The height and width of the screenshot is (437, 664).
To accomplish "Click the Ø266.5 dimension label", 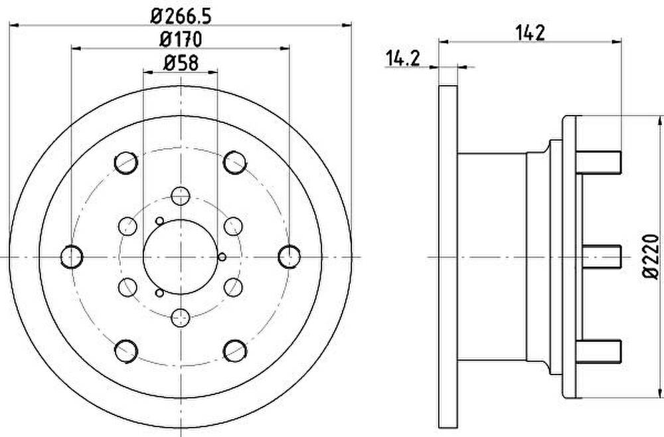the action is click(x=181, y=17).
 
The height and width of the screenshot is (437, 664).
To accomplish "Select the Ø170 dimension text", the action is click(x=181, y=40).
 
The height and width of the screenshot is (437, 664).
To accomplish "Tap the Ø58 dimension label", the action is click(x=181, y=64).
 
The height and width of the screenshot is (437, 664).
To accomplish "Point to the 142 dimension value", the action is click(x=530, y=33).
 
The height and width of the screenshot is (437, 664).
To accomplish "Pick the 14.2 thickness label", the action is click(x=402, y=58).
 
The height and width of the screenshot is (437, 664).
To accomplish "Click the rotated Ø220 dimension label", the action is click(x=651, y=256).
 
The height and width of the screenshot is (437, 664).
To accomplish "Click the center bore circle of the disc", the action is click(x=181, y=256).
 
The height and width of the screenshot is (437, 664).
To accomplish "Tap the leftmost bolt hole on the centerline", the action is click(x=72, y=256).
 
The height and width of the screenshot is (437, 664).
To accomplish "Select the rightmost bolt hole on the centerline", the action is click(x=290, y=256).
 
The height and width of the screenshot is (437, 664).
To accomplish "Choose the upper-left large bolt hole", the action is click(x=126, y=163).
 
